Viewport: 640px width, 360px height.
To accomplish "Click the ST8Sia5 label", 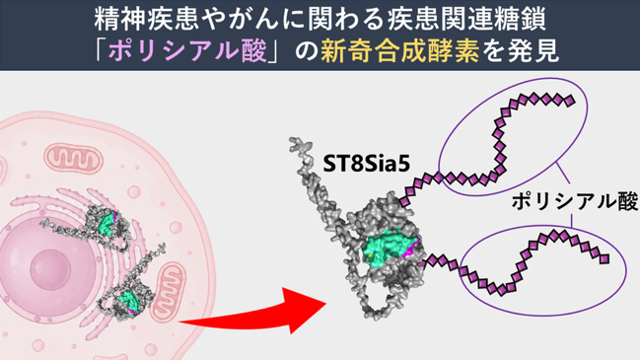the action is click(366, 164).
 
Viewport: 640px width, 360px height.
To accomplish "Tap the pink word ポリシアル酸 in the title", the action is click(187, 51).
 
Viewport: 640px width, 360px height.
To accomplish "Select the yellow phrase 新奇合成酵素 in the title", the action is click(399, 51).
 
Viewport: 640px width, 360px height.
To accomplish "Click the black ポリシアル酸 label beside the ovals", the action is click(575, 201).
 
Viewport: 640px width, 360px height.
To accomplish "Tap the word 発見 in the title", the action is click(533, 51).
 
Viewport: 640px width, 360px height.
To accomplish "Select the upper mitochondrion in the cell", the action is click(74, 159).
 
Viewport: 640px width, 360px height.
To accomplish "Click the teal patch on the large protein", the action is click(388, 248).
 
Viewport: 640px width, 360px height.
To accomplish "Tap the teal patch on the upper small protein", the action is click(107, 223).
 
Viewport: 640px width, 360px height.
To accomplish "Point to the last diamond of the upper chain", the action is click(569, 101).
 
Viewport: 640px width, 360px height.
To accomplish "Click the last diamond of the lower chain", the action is click(604, 258).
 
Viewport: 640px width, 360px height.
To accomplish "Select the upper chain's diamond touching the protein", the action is click(404, 201).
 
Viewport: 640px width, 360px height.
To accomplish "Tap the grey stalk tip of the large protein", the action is click(295, 143).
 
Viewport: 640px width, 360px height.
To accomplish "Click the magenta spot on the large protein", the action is click(409, 250).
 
